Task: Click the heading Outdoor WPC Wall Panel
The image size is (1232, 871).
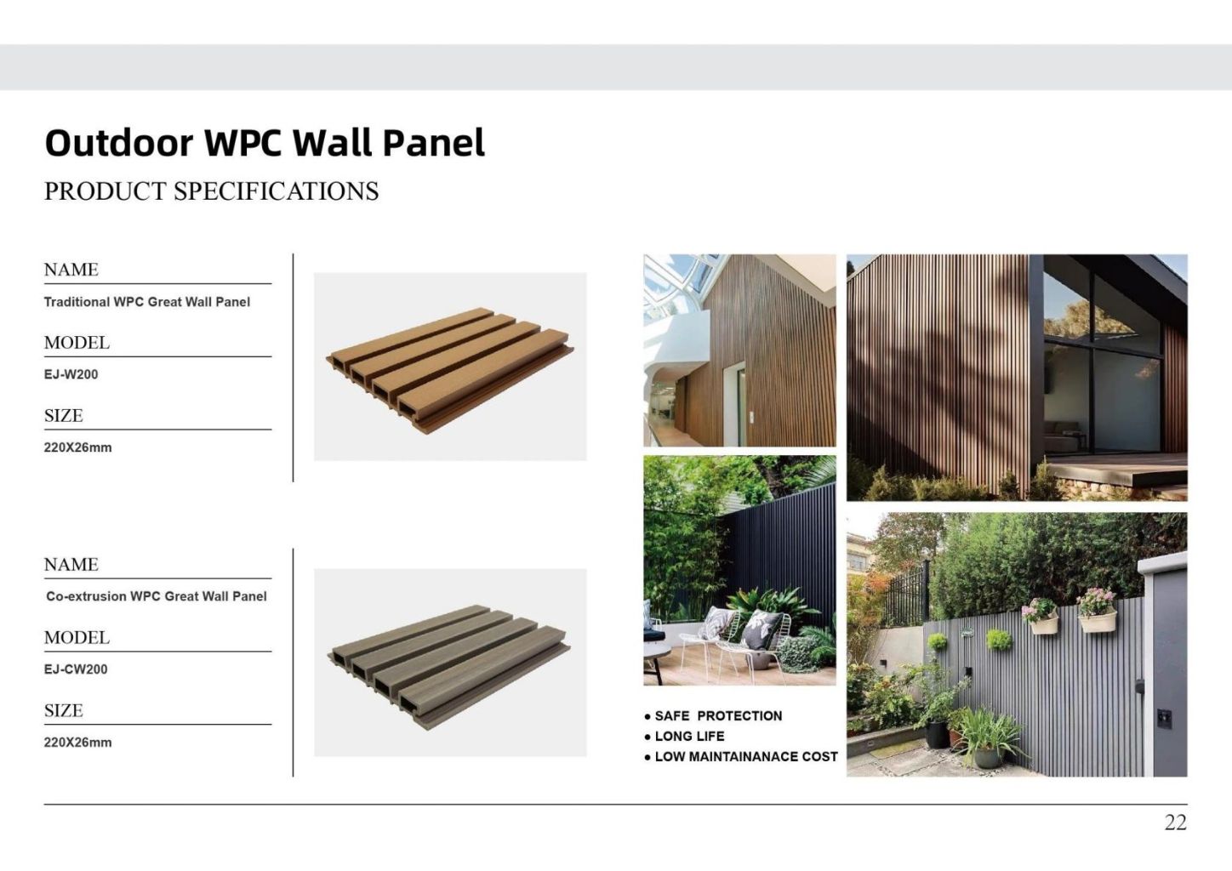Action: point(265,143)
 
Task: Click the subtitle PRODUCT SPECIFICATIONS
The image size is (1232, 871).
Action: point(211,191)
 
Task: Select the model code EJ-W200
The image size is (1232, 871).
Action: point(71,374)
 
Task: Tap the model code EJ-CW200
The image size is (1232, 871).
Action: point(76,669)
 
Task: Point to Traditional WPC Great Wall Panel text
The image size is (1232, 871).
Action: point(147,302)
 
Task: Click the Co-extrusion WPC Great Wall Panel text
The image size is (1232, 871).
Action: point(157,597)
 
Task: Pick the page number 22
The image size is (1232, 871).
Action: point(1175,823)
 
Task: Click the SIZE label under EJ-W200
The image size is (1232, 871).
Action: point(64,416)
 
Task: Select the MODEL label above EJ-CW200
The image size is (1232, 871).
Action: point(77,638)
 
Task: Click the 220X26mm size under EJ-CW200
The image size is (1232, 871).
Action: point(77,743)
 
